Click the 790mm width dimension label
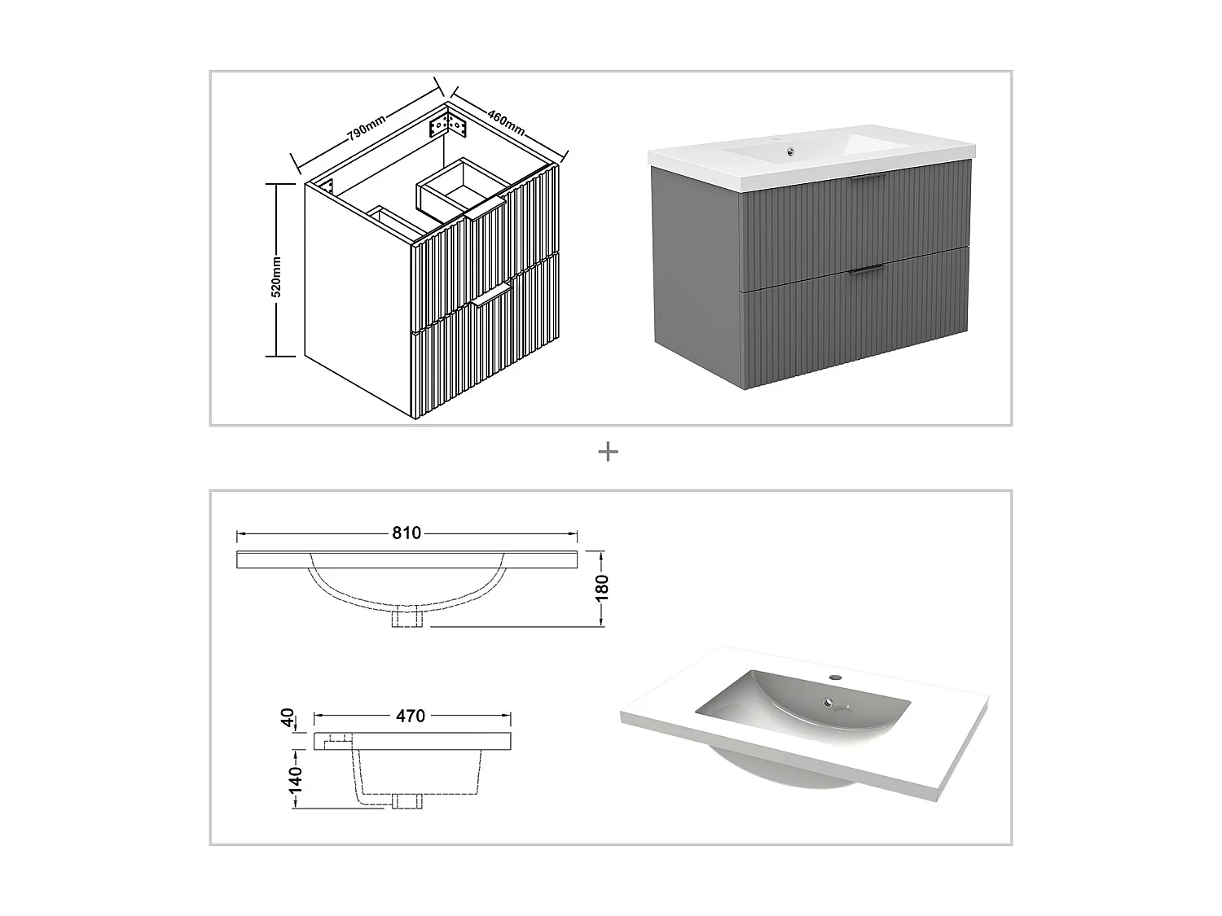pyautogui.click(x=367, y=128)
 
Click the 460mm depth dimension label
pyautogui.click(x=506, y=120)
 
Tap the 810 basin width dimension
pyautogui.click(x=407, y=533)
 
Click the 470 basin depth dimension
pyautogui.click(x=411, y=716)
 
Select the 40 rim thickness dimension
pyautogui.click(x=287, y=718)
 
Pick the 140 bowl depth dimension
pyautogui.click(x=295, y=779)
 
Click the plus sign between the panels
pyautogui.click(x=608, y=452)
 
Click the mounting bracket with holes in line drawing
pyautogui.click(x=446, y=125)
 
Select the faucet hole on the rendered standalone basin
pyautogui.click(x=834, y=677)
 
